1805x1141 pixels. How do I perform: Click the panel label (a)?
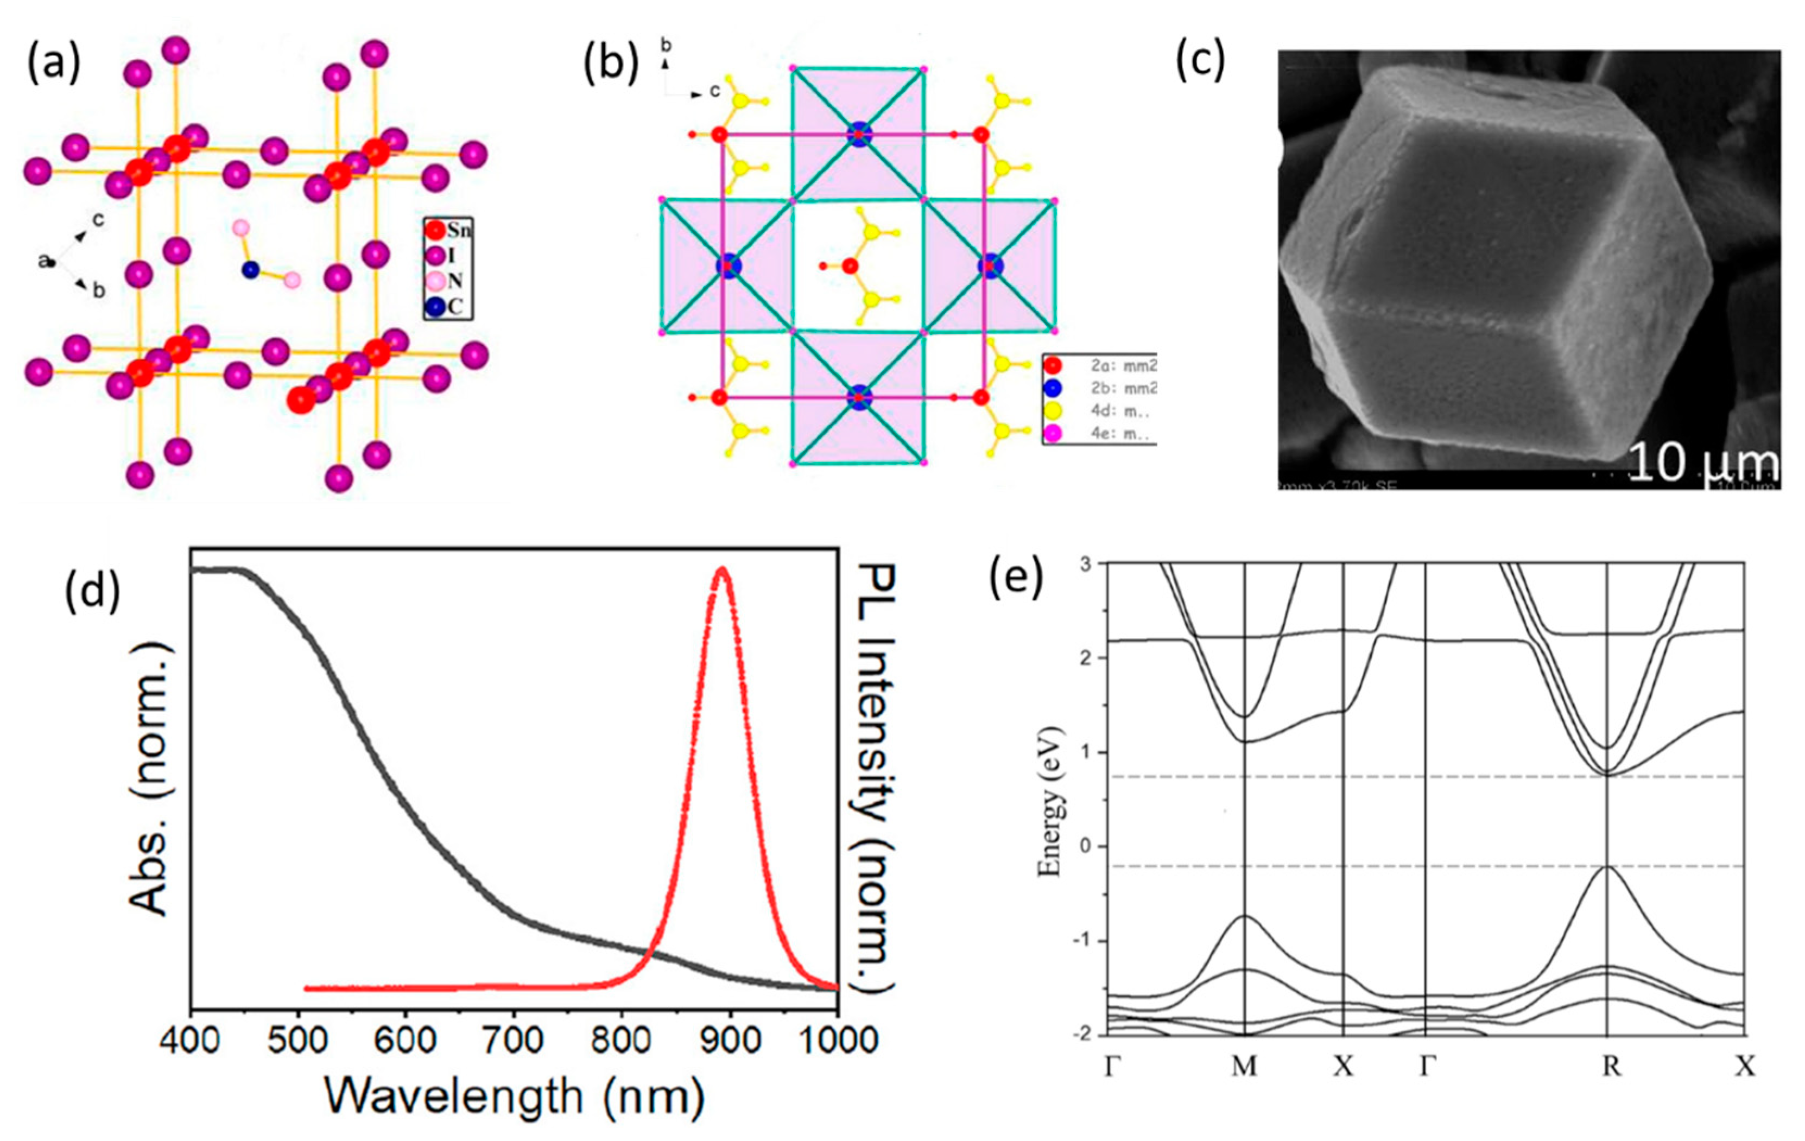(53, 65)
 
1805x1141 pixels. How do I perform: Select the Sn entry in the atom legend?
(448, 230)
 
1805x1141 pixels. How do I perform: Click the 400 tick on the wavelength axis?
(191, 1040)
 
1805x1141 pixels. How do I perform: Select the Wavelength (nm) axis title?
(514, 1096)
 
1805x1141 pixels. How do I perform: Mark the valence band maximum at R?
(1607, 867)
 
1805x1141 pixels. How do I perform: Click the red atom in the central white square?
(849, 265)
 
